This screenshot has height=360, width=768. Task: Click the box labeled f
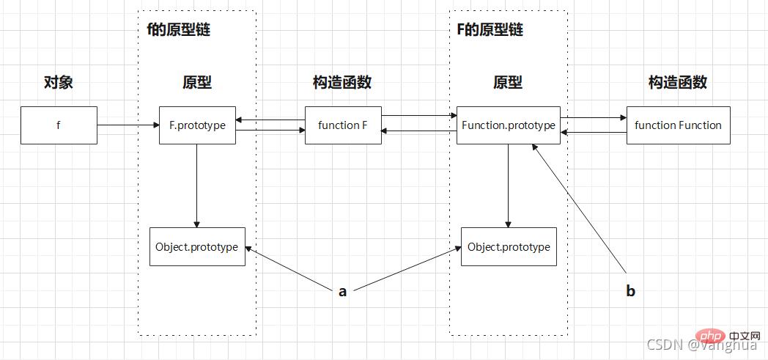59,125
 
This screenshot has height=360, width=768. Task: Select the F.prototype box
197,125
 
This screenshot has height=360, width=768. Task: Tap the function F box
343,125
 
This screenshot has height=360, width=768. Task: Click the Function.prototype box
509,125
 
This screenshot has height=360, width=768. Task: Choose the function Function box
678,125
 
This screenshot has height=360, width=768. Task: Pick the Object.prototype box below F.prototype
197,246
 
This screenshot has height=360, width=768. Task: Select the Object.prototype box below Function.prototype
509,246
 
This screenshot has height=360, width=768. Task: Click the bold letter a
342,291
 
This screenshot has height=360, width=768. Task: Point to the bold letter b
630,291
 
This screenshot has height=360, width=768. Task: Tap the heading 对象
59,82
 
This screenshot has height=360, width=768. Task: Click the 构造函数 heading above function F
342,82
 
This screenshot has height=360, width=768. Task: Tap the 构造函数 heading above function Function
678,82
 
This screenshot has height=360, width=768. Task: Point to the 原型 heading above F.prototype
197,82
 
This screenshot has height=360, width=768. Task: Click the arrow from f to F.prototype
128,125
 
